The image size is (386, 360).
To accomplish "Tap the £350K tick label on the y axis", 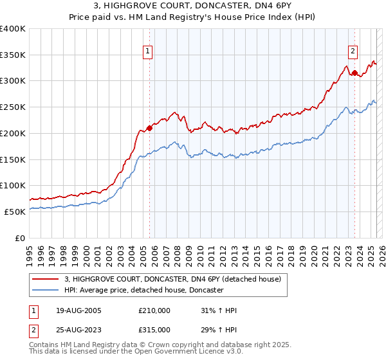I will [x=14, y=55].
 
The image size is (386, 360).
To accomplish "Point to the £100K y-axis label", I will [x=14, y=185].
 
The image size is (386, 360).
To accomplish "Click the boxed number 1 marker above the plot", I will [x=149, y=53].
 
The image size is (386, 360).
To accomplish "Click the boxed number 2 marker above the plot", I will [x=353, y=53].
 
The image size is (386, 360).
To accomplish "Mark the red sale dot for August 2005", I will [x=149, y=128].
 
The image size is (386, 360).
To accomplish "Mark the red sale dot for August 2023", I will [x=354, y=73].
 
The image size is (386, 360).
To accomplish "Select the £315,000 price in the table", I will [x=154, y=330].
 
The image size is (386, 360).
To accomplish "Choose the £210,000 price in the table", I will [x=154, y=310].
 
